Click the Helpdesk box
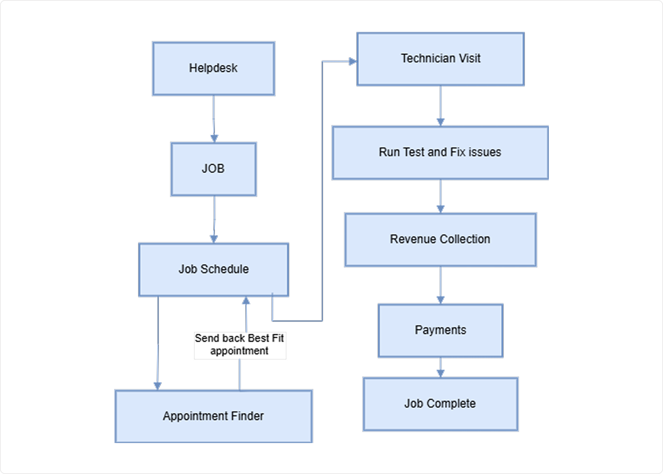[213, 68]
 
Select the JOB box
[213, 169]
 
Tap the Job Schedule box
[213, 270]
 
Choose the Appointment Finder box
[213, 416]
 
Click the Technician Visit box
[440, 59]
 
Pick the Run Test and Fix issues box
[440, 152]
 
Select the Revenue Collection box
[440, 239]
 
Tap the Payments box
[440, 330]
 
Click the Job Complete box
[440, 404]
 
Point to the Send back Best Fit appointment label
[240, 345]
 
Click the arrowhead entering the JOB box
[214, 138]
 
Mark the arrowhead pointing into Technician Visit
[352, 62]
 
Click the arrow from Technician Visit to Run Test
[440, 105]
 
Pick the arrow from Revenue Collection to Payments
[440, 284]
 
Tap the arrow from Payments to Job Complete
[440, 367]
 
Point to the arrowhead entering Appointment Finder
[157, 385]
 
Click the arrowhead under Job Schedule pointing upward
[246, 301]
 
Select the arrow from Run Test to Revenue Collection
[440, 196]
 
